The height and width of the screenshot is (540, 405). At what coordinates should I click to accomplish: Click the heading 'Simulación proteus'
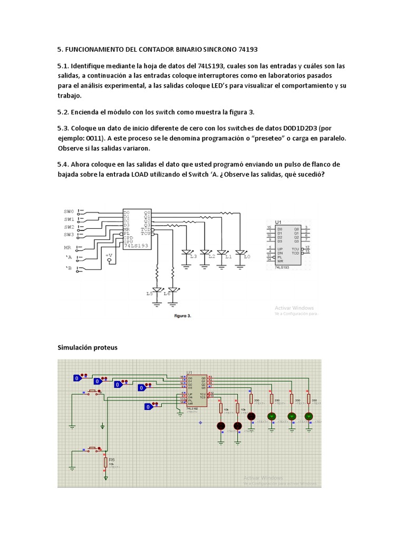click(x=87, y=348)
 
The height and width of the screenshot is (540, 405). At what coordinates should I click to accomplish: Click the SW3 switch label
click(x=69, y=235)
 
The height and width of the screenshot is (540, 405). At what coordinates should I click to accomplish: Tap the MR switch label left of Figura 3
click(x=67, y=247)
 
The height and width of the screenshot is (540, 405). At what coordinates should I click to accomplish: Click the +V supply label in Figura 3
click(x=109, y=255)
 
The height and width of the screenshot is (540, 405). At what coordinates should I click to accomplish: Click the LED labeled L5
click(x=156, y=292)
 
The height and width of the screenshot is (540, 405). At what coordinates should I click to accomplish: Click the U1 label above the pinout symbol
click(x=278, y=222)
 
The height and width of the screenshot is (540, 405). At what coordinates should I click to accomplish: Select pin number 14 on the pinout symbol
click(x=269, y=259)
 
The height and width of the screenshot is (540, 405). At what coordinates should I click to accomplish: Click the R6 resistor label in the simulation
click(x=111, y=459)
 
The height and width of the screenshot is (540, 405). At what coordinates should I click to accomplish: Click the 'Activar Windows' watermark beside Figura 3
click(x=294, y=307)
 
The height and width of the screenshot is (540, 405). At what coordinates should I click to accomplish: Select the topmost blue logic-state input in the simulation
click(x=77, y=378)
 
